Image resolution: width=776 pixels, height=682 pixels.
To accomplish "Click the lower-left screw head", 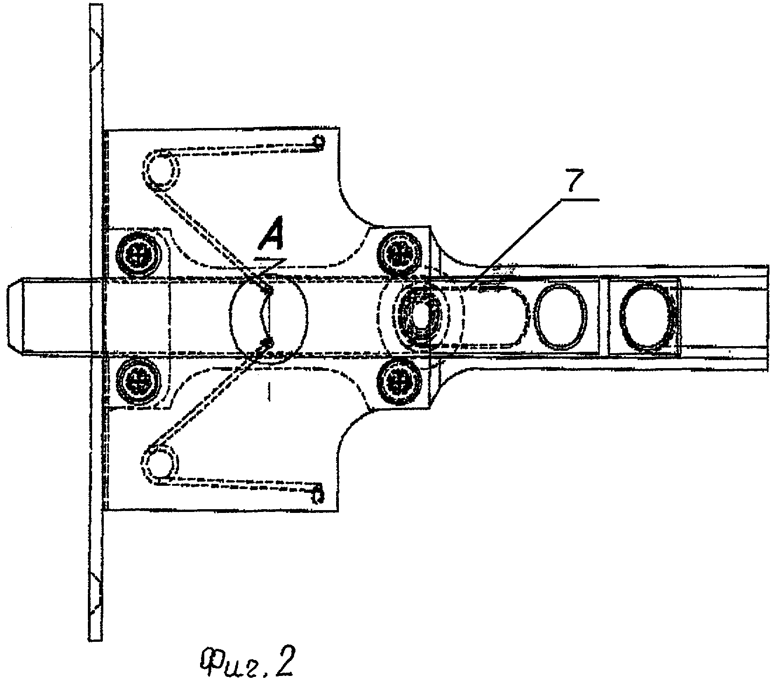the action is tap(138, 377).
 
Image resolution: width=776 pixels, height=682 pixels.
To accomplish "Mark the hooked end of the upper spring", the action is tap(318, 142).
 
